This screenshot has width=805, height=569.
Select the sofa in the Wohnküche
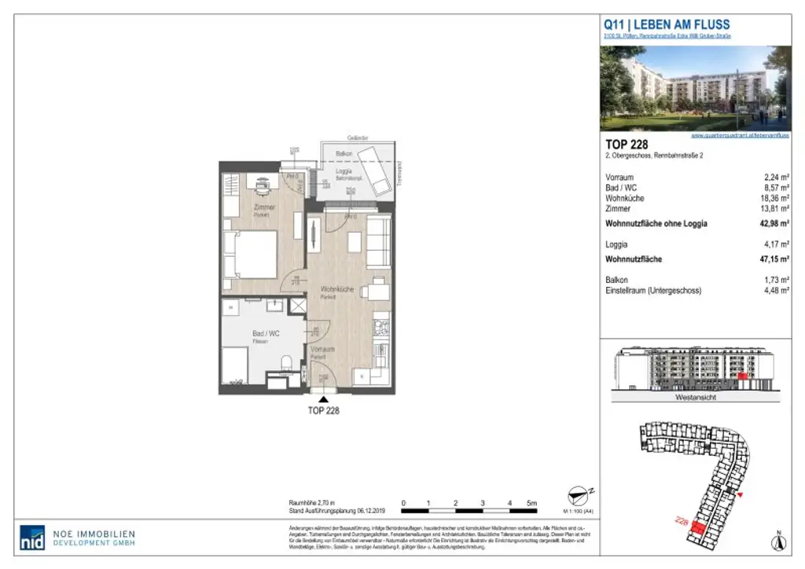click(379, 243)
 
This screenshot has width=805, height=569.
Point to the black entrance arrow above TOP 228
click(323, 399)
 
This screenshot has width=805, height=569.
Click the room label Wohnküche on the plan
click(335, 290)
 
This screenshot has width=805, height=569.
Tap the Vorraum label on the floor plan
click(322, 349)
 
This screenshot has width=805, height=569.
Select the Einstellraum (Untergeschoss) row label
click(652, 291)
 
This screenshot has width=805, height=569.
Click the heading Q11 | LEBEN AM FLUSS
click(667, 25)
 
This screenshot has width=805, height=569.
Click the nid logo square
click(32, 537)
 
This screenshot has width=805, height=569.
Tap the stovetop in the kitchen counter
click(380, 323)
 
